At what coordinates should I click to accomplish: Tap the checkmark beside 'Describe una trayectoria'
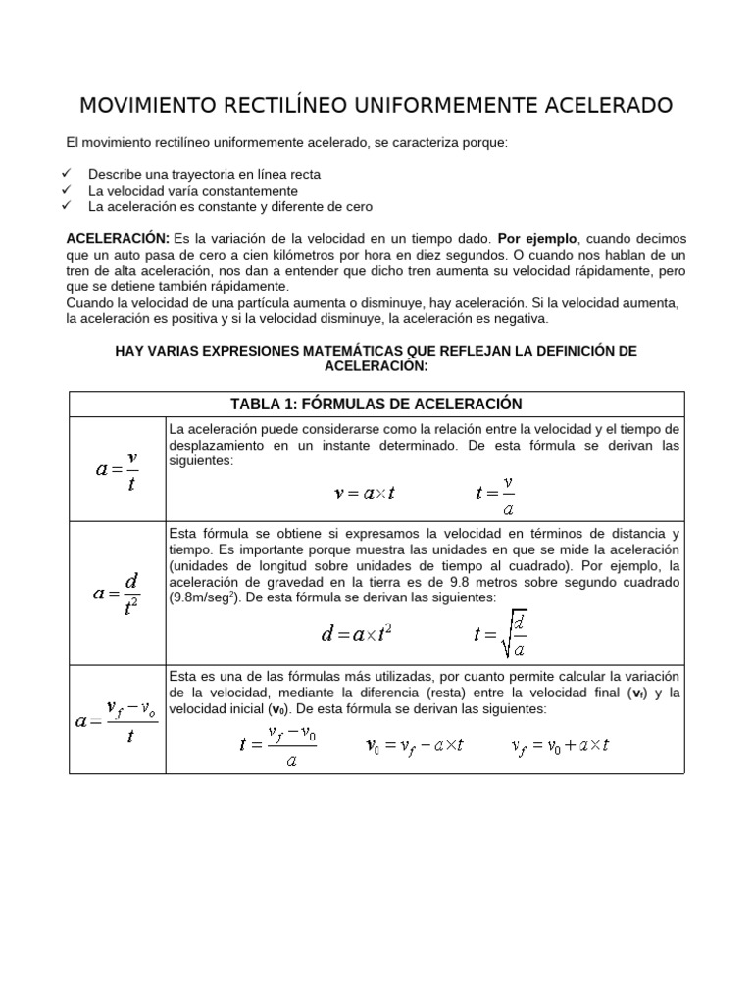pyautogui.click(x=67, y=173)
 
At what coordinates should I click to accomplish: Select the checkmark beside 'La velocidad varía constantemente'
pyautogui.click(x=67, y=190)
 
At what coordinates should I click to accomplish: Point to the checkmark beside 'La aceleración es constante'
pyautogui.click(x=67, y=206)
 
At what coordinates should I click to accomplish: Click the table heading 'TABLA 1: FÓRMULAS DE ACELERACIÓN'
pyautogui.click(x=376, y=404)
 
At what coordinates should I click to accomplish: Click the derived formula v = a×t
pyautogui.click(x=364, y=494)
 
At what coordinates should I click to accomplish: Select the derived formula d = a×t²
pyautogui.click(x=357, y=633)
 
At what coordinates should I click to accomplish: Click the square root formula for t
pyautogui.click(x=500, y=634)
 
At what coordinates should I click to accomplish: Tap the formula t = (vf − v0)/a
pyautogui.click(x=279, y=745)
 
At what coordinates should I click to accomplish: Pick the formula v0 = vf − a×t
pyautogui.click(x=413, y=746)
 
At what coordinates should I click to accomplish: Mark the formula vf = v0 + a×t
pyautogui.click(x=561, y=746)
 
